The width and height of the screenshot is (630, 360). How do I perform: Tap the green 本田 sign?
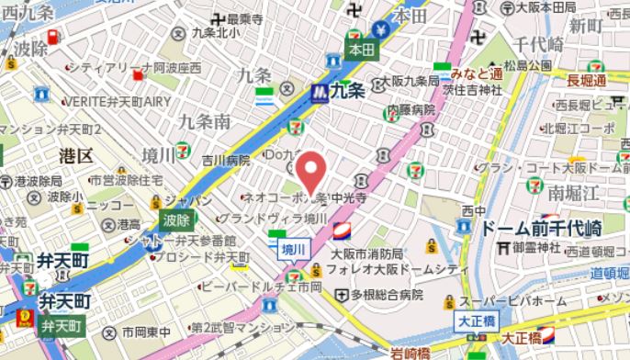tap(362, 51)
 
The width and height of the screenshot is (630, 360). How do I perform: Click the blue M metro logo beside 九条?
tap(319, 92)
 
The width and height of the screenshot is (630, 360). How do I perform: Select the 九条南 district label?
tap(204, 121)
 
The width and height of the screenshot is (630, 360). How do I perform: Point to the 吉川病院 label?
tap(226, 160)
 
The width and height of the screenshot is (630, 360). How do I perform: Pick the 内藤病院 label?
tap(411, 110)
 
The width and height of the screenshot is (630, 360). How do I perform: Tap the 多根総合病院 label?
tap(387, 295)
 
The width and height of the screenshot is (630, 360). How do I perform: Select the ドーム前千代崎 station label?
tap(542, 228)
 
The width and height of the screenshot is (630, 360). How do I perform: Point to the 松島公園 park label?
tap(534, 66)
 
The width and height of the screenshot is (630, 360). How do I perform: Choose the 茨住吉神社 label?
tap(470, 89)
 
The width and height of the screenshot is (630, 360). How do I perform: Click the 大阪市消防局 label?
tap(366, 253)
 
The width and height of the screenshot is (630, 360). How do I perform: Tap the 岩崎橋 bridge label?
tap(410, 353)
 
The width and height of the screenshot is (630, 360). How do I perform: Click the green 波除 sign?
tap(177, 219)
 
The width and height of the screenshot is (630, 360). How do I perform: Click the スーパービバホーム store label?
tap(514, 301)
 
